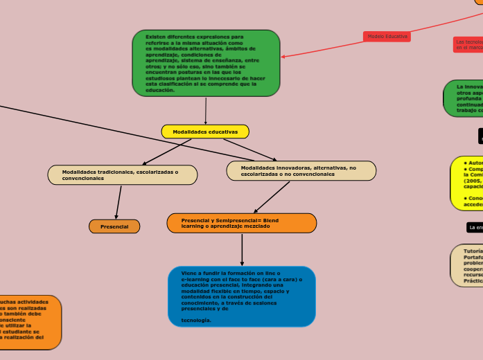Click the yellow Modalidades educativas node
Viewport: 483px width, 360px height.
(x=205, y=132)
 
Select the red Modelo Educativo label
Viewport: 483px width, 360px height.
(x=387, y=36)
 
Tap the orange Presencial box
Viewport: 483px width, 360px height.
(x=114, y=226)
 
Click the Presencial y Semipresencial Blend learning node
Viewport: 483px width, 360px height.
(x=241, y=223)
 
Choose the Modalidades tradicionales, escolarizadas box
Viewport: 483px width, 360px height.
(x=122, y=175)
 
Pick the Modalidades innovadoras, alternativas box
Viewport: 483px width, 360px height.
(x=301, y=171)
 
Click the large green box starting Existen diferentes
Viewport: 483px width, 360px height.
(x=206, y=62)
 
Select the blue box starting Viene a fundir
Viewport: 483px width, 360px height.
(x=241, y=296)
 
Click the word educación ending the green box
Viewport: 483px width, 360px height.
(x=160, y=90)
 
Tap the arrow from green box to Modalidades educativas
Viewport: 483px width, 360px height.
(x=206, y=111)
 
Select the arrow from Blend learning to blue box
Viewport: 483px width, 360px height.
(x=242, y=249)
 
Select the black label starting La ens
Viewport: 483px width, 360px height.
(x=475, y=227)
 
